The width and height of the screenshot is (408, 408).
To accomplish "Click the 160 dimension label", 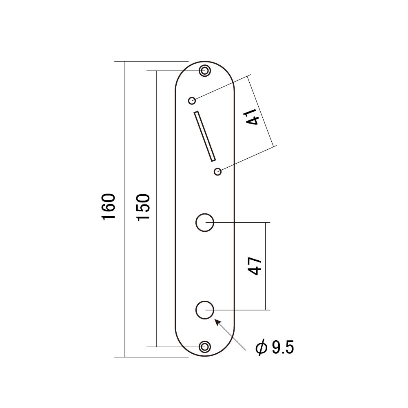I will (x=109, y=207).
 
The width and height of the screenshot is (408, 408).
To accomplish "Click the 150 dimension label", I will (x=144, y=207).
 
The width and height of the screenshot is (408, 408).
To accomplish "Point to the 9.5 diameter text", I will (x=282, y=348).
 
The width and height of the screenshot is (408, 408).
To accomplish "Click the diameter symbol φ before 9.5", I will (x=261, y=348).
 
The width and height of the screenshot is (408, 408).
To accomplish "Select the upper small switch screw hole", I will (x=192, y=100).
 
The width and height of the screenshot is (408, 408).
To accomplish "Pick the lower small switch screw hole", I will (x=218, y=172).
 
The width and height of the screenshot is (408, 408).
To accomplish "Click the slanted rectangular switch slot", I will (x=205, y=135).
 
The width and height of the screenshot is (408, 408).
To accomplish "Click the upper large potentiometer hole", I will (x=204, y=223).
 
